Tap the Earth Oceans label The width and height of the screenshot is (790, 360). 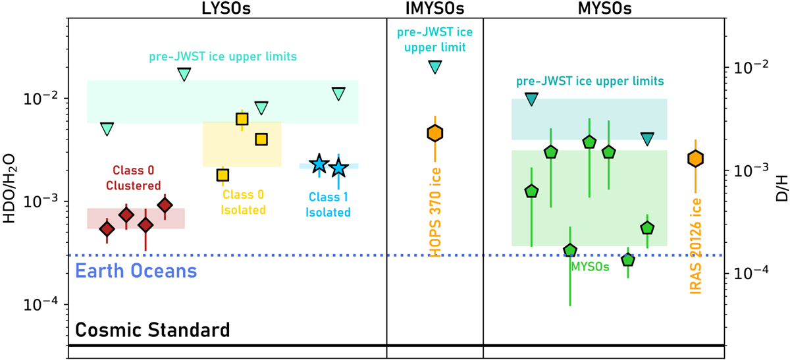(x=137, y=270)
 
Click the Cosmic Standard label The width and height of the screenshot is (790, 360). (x=152, y=329)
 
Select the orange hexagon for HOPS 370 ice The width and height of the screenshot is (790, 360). (x=435, y=134)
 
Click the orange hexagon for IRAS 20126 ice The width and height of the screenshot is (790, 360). (x=696, y=159)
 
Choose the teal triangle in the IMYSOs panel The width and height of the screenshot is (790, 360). (x=435, y=66)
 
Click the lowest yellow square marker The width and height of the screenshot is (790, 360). (x=223, y=175)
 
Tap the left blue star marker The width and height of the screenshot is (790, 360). (x=319, y=164)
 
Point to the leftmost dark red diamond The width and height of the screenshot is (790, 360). (x=107, y=228)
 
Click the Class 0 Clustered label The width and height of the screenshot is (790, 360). (x=136, y=176)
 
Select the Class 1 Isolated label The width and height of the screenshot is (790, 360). (x=327, y=203)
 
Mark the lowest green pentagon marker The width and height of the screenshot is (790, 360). (x=628, y=260)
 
